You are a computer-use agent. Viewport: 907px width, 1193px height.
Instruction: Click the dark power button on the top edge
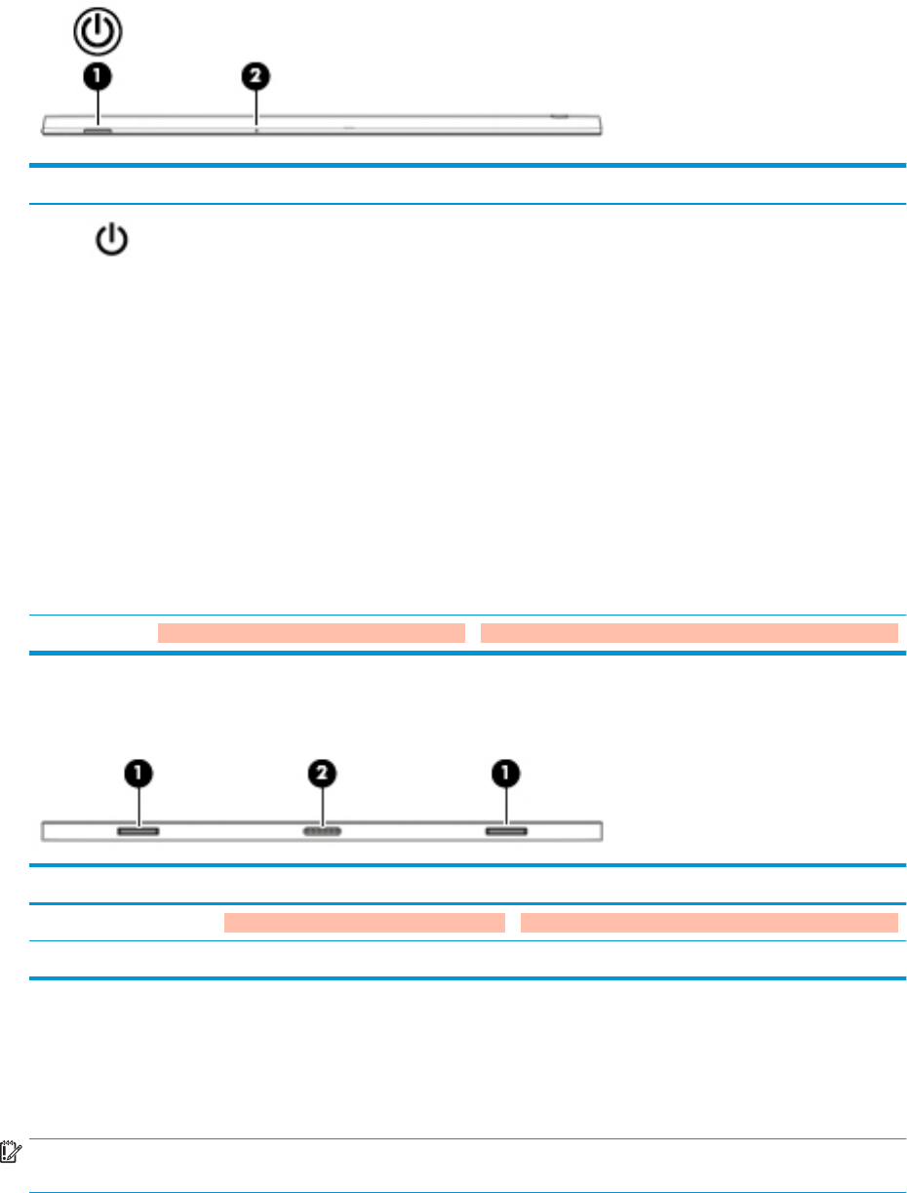(x=98, y=129)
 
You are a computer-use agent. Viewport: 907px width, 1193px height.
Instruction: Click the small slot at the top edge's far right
(x=558, y=115)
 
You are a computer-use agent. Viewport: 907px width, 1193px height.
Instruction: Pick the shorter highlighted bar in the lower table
(x=365, y=923)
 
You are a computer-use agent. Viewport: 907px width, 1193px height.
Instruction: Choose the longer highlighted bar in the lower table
(x=709, y=923)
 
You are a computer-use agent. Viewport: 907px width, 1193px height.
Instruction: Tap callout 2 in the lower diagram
(x=323, y=775)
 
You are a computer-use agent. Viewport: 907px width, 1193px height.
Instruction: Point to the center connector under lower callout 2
(x=323, y=831)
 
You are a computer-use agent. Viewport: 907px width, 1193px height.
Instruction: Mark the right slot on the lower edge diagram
(x=507, y=831)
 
